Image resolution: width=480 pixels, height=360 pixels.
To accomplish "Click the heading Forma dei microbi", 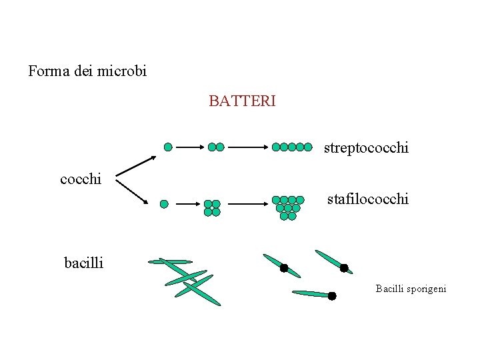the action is point(87,70).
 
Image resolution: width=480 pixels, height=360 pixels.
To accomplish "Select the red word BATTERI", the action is point(242,101).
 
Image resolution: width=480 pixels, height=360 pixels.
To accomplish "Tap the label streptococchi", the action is point(366,148).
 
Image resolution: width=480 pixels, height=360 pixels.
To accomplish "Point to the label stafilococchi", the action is point(367,199).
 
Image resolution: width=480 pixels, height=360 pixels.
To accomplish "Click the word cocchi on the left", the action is point(81,179).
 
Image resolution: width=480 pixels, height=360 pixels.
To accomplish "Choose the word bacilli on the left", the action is point(83,263).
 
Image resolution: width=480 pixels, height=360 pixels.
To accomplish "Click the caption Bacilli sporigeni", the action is point(411,289).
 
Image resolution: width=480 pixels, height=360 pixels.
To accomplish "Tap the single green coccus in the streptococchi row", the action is point(168,147).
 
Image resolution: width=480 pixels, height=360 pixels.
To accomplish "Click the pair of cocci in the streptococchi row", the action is point(216,147).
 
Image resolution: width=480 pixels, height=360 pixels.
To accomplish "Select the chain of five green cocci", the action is point(292,147).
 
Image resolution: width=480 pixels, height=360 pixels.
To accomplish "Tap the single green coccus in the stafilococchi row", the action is point(164,203).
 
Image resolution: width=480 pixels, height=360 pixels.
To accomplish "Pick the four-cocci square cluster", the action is point(212,208).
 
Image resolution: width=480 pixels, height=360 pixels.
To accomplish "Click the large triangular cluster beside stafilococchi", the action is point(288,207).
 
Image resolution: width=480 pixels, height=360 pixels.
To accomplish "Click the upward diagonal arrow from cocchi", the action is point(137,167).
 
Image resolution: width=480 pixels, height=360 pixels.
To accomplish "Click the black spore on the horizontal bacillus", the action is point(332,295).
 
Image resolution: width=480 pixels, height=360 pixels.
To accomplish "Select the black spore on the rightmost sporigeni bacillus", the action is point(344,268).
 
